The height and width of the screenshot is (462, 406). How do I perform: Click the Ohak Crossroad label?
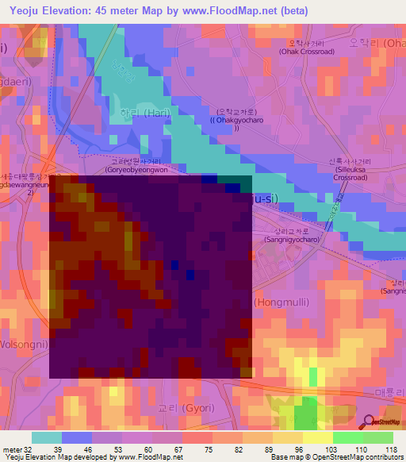(x=306, y=52)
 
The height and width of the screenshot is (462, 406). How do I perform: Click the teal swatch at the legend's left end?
(x=46, y=437)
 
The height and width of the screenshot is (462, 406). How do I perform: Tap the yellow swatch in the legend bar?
(x=317, y=437)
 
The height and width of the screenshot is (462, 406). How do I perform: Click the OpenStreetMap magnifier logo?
(x=368, y=422)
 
